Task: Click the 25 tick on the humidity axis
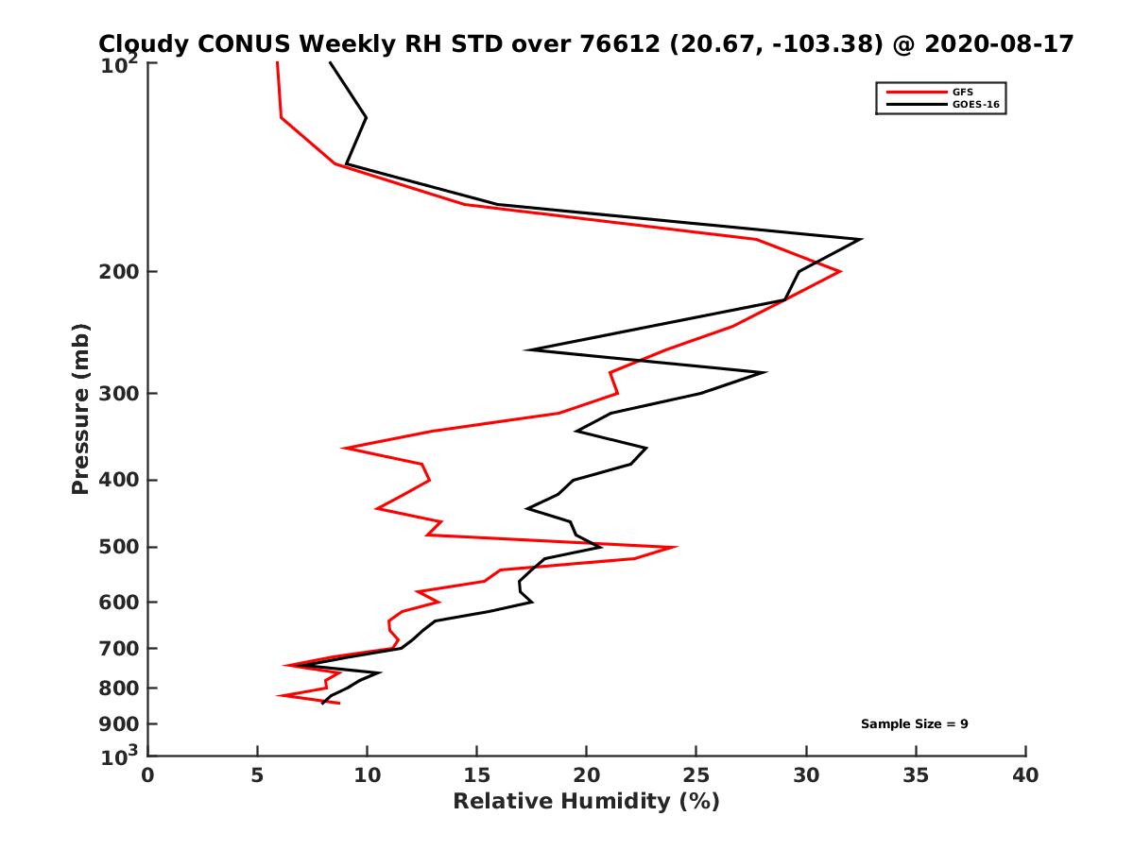pos(696,775)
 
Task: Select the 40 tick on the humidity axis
pos(1025,775)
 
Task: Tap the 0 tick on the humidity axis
pos(148,775)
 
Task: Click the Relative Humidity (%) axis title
pos(586,802)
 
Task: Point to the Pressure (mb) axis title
pos(80,408)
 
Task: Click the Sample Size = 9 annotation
pos(914,724)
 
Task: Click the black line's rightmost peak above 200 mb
pos(860,240)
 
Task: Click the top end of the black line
pos(330,62)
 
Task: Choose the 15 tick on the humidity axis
pos(477,775)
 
